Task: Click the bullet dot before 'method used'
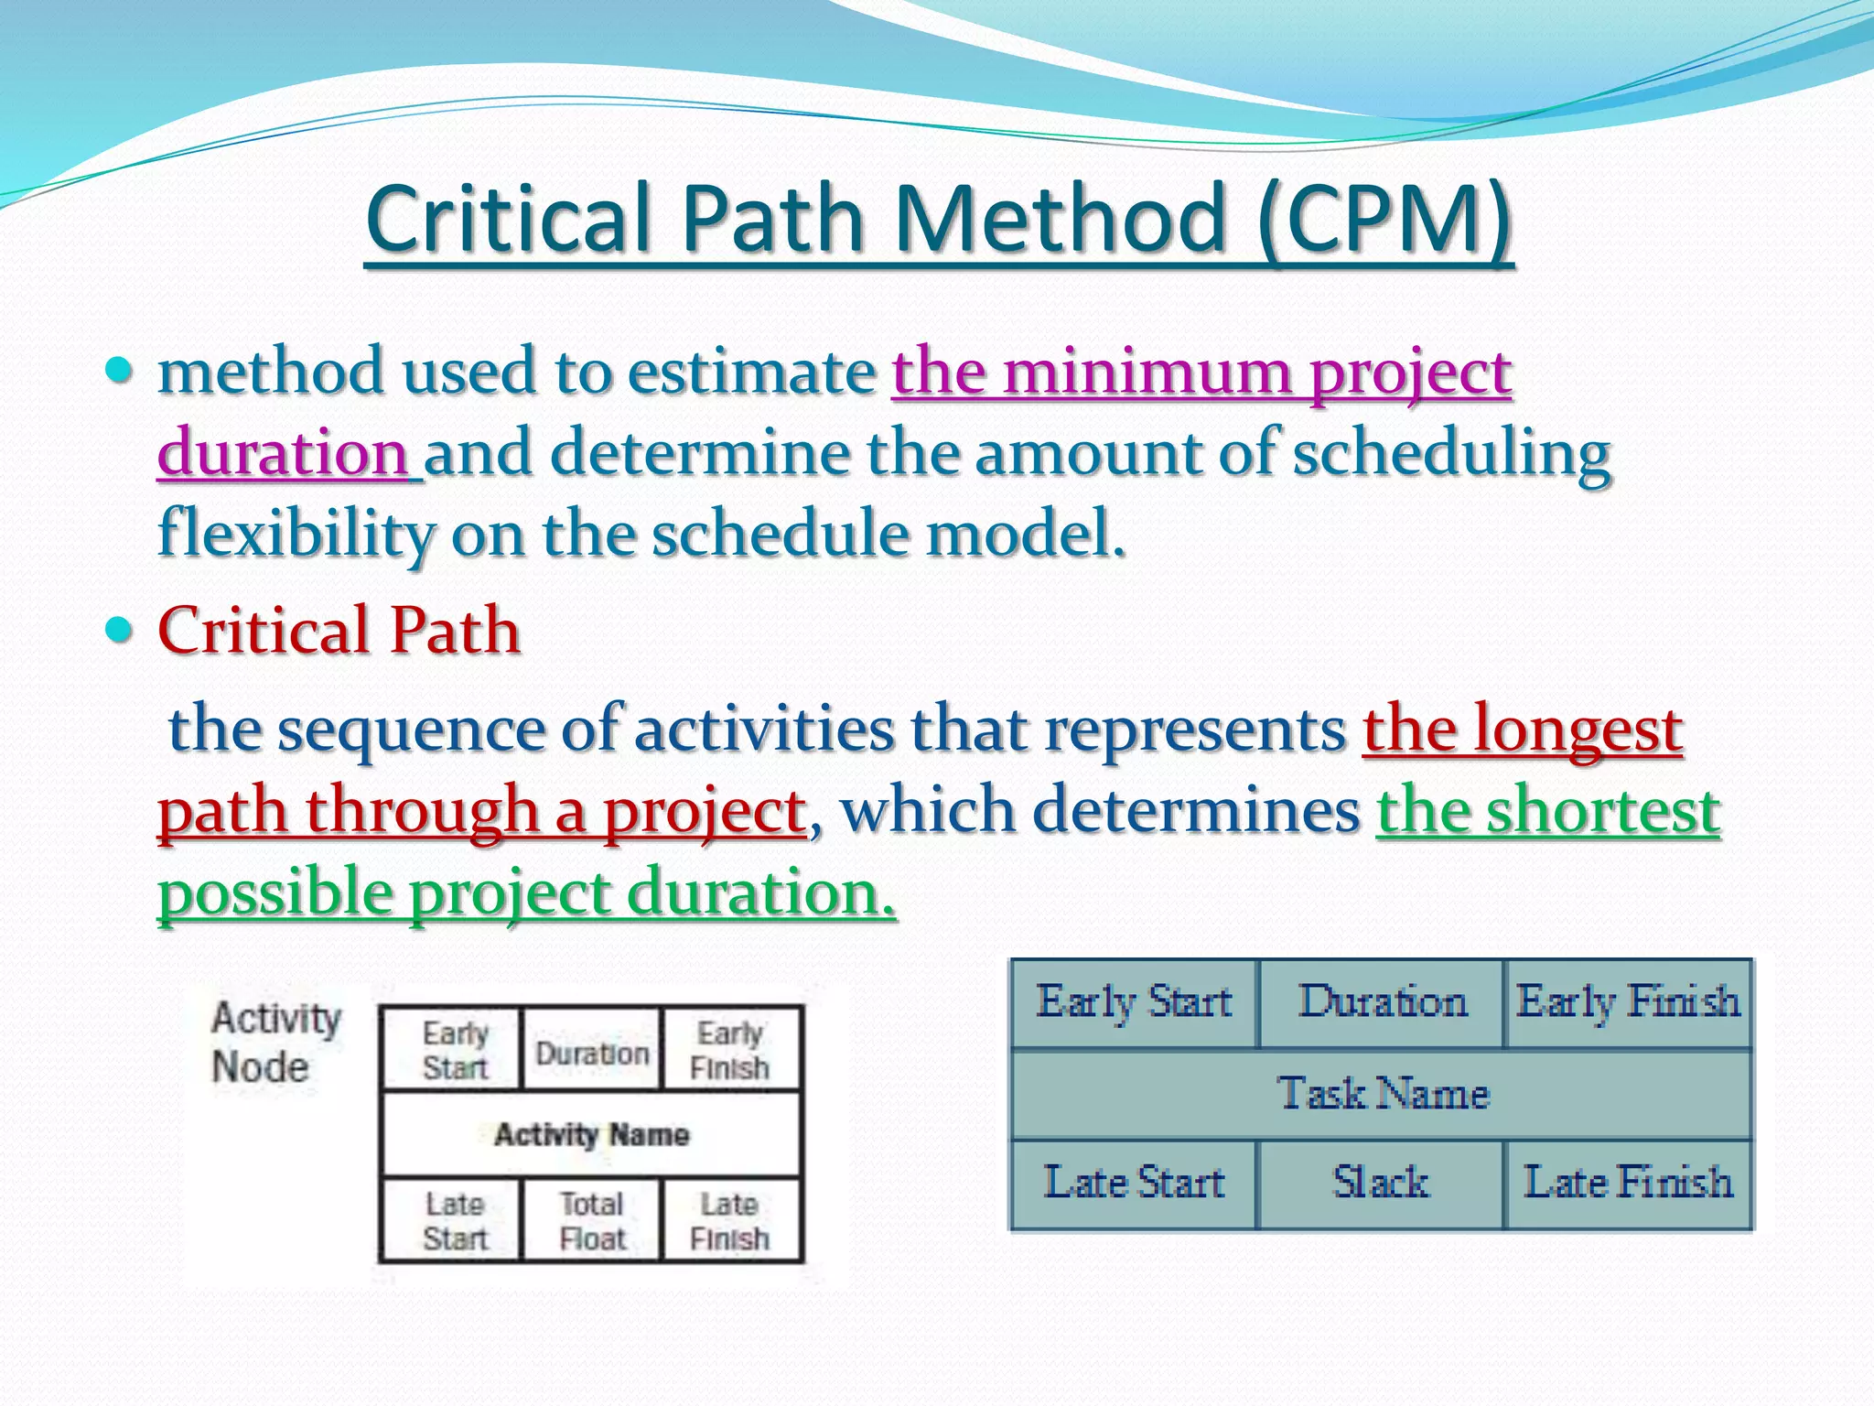click(x=120, y=371)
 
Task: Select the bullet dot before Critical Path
click(x=120, y=630)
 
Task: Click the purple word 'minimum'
click(x=1149, y=373)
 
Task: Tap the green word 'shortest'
click(x=1602, y=811)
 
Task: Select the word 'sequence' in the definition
click(x=410, y=731)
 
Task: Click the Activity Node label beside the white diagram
click(x=275, y=1043)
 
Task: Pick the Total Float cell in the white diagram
click(x=592, y=1221)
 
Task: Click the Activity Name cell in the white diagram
click(x=591, y=1135)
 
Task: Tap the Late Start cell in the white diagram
click(x=454, y=1221)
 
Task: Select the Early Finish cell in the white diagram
click(x=729, y=1050)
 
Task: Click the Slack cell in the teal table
click(x=1380, y=1183)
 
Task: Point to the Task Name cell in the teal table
click(x=1383, y=1094)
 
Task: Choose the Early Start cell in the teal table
click(x=1135, y=1002)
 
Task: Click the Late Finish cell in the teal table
click(x=1628, y=1183)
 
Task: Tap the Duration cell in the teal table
click(x=1382, y=1002)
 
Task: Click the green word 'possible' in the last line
click(x=275, y=893)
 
